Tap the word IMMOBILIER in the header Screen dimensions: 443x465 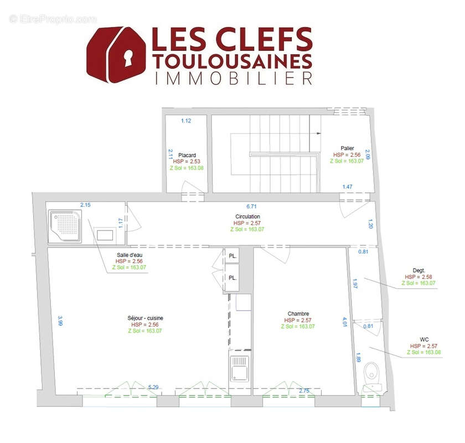(x=232, y=78)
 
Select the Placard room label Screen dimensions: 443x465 (x=187, y=156)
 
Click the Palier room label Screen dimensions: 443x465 (x=348, y=148)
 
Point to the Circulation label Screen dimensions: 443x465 (x=247, y=217)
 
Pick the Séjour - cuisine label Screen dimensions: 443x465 (x=145, y=318)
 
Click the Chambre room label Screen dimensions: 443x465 (x=298, y=313)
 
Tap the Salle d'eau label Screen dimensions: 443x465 (x=129, y=255)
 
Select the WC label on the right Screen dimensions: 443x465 (x=425, y=339)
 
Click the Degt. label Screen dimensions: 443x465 (x=418, y=270)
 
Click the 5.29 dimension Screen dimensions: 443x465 (x=153, y=387)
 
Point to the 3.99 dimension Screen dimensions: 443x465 (x=59, y=321)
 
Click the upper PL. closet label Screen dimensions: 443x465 (x=233, y=256)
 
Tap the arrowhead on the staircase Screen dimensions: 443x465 (x=319, y=133)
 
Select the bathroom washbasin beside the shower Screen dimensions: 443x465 (x=105, y=234)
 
